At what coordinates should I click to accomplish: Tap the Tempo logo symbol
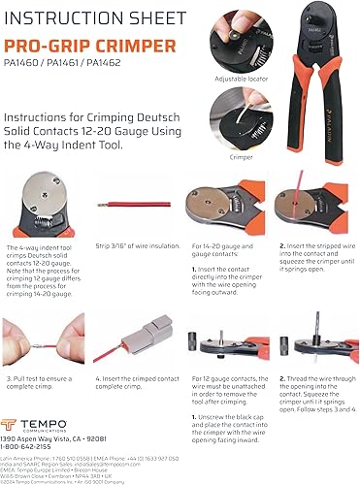pos(20,402)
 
